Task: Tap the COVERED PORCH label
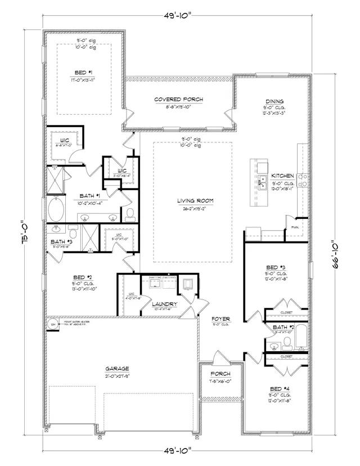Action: pos(178,100)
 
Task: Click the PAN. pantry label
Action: pos(295,227)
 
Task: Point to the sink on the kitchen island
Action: pos(262,185)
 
